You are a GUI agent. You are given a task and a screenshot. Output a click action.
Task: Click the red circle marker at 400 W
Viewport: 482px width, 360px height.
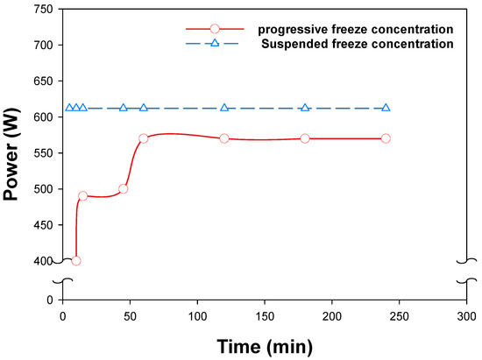[76, 261]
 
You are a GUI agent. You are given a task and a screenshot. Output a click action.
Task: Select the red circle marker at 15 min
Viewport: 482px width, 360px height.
[83, 196]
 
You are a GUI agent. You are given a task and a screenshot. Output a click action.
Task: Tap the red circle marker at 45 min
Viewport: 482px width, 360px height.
[124, 188]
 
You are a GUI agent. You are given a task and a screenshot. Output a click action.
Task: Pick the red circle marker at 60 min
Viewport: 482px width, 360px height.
[144, 138]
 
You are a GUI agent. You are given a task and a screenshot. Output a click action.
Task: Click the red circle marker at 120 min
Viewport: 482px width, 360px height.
[224, 138]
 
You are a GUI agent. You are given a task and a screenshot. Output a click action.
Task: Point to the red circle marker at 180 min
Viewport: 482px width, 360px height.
[305, 138]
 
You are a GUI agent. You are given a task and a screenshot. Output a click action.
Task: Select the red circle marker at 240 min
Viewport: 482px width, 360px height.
[386, 138]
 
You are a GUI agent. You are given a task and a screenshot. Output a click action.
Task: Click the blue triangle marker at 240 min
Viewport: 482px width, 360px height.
[386, 108]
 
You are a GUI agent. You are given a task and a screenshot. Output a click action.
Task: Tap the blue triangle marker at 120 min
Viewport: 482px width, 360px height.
[224, 108]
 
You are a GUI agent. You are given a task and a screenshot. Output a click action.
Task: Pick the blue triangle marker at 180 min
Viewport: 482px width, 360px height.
[305, 108]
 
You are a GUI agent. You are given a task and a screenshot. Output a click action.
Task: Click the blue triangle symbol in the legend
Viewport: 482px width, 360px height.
[215, 42]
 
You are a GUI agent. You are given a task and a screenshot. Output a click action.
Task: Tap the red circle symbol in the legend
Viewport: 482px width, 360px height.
[215, 29]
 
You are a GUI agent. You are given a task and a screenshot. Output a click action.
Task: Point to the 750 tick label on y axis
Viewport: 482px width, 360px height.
[41, 10]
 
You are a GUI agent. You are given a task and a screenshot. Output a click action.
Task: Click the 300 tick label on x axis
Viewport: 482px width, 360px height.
[466, 315]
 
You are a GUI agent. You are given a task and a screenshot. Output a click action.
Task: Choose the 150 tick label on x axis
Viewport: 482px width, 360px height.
[265, 315]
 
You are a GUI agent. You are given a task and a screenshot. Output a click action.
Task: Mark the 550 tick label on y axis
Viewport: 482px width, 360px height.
[41, 153]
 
